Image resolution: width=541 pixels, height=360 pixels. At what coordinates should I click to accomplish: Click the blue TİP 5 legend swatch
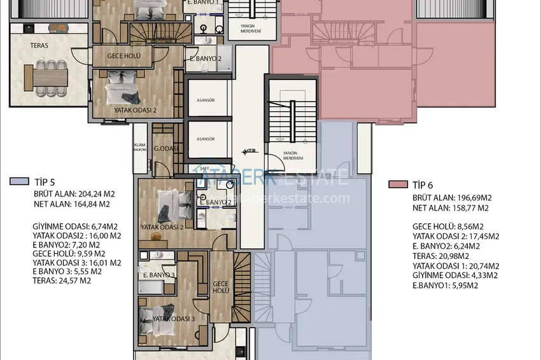pyautogui.click(x=18, y=181)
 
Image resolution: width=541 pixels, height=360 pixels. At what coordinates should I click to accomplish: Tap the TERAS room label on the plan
pyautogui.click(x=39, y=46)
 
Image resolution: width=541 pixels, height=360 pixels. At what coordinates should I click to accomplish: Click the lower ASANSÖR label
pyautogui.click(x=206, y=139)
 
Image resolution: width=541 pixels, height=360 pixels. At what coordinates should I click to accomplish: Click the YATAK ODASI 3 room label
pyautogui.click(x=167, y=319)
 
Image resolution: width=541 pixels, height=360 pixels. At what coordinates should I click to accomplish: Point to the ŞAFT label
pyautogui.click(x=205, y=169)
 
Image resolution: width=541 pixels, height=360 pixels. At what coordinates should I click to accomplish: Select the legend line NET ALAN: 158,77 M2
pyautogui.click(x=451, y=208)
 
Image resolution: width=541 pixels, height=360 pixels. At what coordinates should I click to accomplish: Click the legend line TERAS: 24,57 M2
pyautogui.click(x=62, y=280)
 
